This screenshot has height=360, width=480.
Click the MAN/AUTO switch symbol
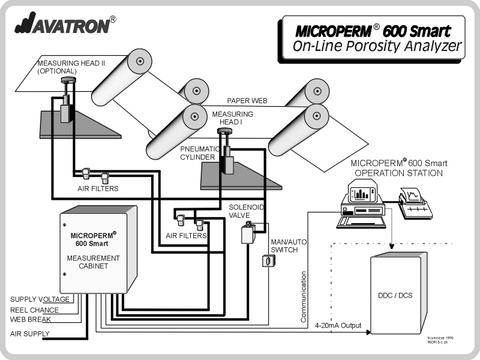click(x=266, y=260)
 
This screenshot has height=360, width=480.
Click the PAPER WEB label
click(x=247, y=101)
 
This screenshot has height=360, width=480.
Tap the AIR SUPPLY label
click(x=30, y=333)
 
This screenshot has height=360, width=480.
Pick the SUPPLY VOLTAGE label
click(x=40, y=299)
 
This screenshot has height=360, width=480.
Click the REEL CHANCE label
click(x=35, y=310)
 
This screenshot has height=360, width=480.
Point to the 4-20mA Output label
click(x=338, y=326)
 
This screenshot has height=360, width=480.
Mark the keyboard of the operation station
click(x=358, y=221)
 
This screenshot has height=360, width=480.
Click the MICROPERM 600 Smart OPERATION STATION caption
click(x=398, y=167)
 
